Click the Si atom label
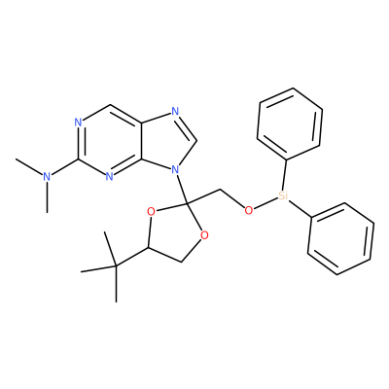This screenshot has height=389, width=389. [x=283, y=195]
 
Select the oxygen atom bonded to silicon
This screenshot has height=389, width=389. [x=249, y=211]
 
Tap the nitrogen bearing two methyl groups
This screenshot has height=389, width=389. [x=48, y=177]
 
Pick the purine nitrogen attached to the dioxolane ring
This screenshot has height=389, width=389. [x=175, y=169]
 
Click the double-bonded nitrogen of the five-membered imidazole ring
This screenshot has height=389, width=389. [x=175, y=112]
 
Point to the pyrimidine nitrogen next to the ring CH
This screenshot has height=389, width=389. [x=78, y=123]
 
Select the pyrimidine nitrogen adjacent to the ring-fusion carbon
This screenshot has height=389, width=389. [x=110, y=177]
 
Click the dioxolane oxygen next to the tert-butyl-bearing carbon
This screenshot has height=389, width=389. [x=151, y=212]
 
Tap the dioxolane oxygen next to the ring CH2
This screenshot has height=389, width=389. [x=204, y=235]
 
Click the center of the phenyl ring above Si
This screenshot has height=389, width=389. [x=290, y=124]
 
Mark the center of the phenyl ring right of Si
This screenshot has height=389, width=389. [x=341, y=239]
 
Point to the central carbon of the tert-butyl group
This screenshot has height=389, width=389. [x=116, y=266]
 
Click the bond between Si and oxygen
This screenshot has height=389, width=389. [x=265, y=203]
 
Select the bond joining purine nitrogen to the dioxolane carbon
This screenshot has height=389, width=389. [x=182, y=189]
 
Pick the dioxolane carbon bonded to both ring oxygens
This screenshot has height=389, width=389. [x=188, y=203]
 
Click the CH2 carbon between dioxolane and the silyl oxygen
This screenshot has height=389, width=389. [x=220, y=191]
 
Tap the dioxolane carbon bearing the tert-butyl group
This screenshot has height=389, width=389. [x=148, y=248]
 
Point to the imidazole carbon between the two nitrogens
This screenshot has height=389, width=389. [x=196, y=141]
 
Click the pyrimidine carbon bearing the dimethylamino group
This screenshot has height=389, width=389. [x=78, y=159]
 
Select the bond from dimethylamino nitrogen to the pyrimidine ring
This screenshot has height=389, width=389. [x=64, y=167]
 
